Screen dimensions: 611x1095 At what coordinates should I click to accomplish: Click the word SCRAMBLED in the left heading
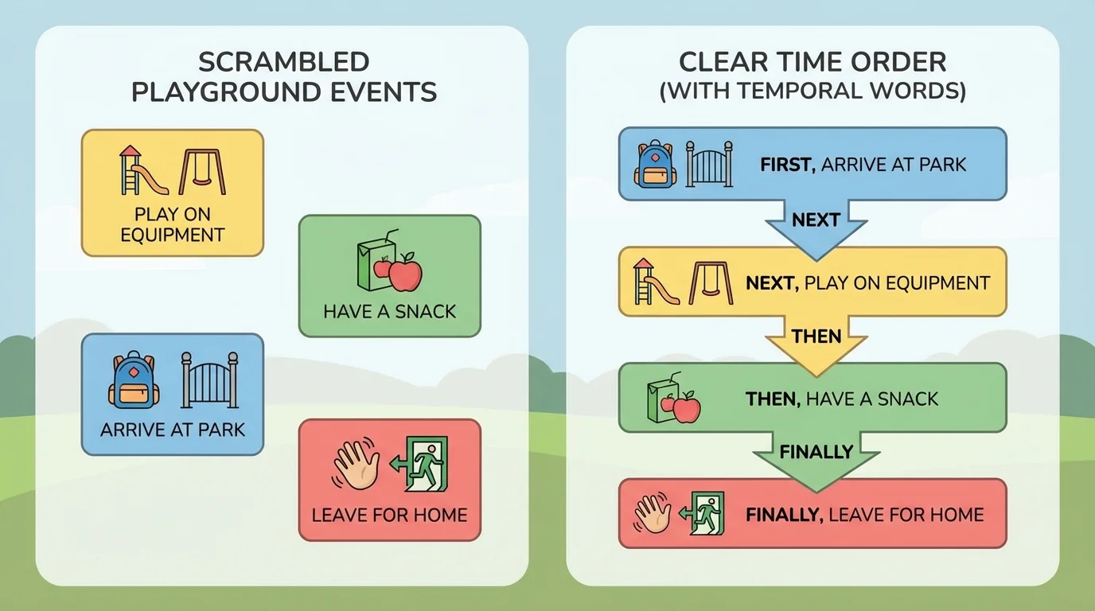click(283, 61)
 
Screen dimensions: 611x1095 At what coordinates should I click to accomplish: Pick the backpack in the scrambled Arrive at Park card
click(133, 381)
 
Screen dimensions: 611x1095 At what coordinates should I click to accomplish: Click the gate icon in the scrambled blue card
click(209, 380)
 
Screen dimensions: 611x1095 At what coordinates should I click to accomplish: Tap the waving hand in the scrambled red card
click(355, 465)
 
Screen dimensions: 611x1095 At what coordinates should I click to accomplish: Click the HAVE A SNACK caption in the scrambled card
click(389, 311)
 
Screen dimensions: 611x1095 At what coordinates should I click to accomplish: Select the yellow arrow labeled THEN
click(816, 341)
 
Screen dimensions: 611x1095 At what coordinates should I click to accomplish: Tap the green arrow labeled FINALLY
click(816, 457)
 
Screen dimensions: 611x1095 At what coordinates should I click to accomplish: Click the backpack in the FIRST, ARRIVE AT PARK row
click(655, 164)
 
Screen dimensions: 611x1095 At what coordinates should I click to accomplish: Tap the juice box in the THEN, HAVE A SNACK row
click(660, 398)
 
